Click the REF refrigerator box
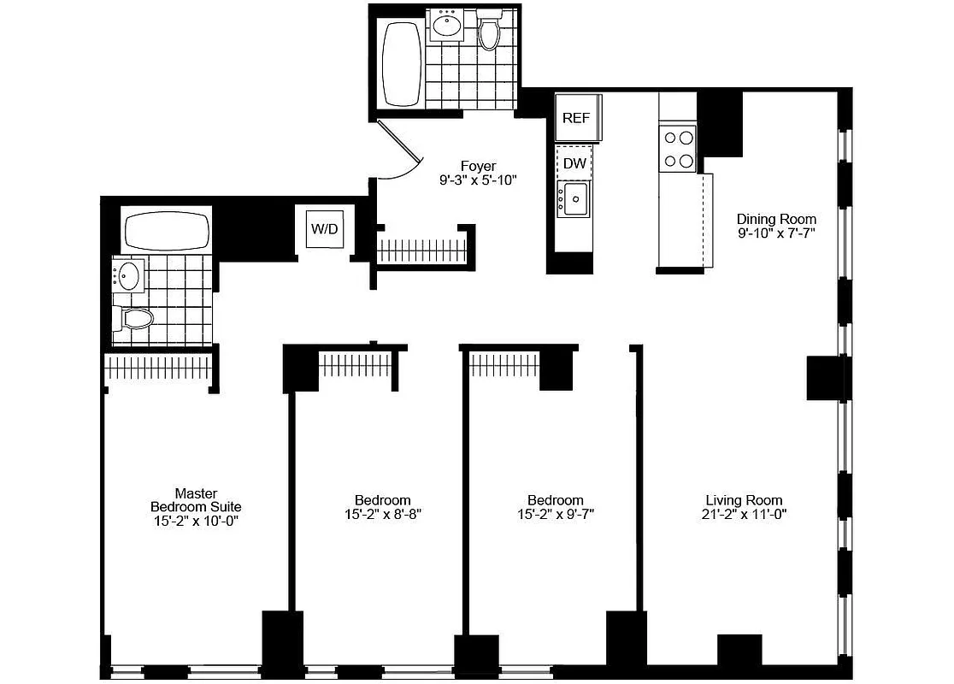(x=576, y=118)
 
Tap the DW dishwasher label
(x=575, y=162)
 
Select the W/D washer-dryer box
(x=324, y=228)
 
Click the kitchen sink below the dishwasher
(x=574, y=199)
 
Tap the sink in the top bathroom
(x=448, y=26)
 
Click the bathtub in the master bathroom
(x=167, y=231)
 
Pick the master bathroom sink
(x=128, y=275)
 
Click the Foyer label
(x=478, y=166)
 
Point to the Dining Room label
(x=776, y=219)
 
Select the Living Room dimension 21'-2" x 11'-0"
(x=744, y=515)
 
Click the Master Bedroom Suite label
(x=196, y=500)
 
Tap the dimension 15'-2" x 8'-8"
(x=382, y=515)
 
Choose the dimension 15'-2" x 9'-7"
(x=555, y=515)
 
